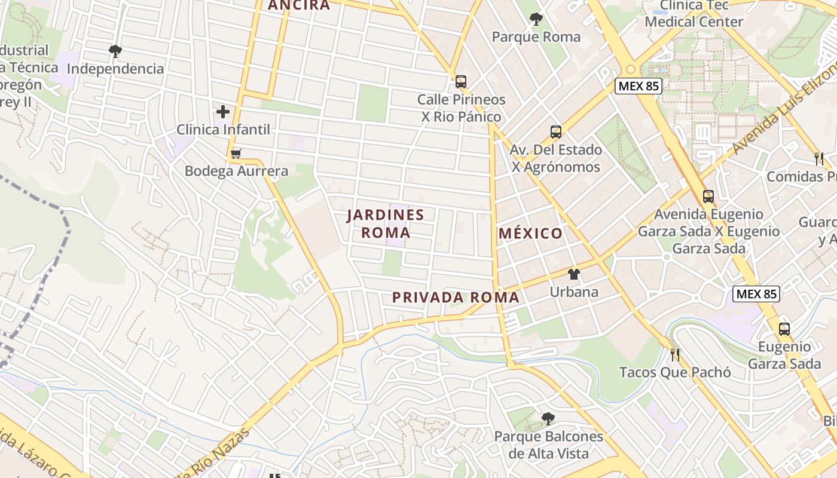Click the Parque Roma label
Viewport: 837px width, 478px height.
[536, 37]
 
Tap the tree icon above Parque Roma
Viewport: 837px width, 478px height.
[536, 20]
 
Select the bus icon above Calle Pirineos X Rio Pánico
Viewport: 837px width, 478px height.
[460, 82]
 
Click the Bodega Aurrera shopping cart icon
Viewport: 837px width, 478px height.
[236, 154]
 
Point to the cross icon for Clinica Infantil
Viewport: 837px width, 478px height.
[223, 112]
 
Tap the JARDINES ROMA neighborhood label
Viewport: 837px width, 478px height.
[386, 223]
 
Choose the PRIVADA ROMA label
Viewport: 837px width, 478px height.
[456, 298]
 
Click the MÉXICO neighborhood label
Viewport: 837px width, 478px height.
[531, 233]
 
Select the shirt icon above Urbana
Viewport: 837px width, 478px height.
[574, 274]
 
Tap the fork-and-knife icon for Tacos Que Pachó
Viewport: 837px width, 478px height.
[675, 355]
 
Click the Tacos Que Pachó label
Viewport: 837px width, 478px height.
[675, 372]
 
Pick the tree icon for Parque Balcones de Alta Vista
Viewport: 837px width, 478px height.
[547, 419]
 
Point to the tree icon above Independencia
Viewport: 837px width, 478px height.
[115, 51]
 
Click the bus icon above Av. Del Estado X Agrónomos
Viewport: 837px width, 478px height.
[555, 132]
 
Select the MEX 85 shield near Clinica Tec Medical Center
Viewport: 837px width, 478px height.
[639, 86]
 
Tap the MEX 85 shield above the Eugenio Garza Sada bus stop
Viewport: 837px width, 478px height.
[756, 294]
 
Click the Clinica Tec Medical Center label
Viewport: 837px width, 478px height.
[694, 14]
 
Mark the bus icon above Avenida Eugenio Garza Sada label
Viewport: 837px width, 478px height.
[708, 197]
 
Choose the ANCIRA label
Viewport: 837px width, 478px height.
[299, 5]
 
